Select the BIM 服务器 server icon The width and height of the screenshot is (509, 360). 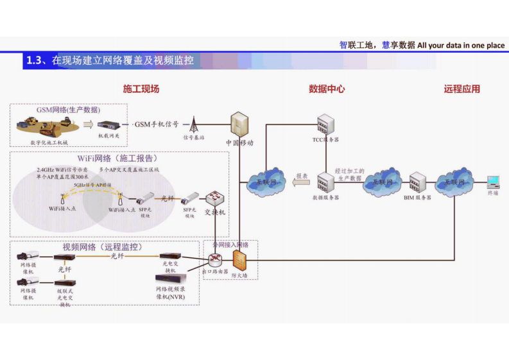(418, 183)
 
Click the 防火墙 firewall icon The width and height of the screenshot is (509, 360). (239, 261)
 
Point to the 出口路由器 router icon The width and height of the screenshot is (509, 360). (214, 261)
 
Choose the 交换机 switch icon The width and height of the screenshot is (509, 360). (214, 199)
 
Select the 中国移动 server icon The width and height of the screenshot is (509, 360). (239, 124)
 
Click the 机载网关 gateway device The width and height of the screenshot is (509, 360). (108, 125)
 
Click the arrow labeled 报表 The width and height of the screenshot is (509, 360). (299, 183)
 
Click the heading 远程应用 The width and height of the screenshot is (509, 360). (462, 89)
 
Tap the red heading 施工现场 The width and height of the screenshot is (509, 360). (141, 89)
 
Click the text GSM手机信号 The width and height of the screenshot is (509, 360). (156, 124)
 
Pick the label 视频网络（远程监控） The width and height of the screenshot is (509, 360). (103, 246)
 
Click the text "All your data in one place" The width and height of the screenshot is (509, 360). (460, 46)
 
